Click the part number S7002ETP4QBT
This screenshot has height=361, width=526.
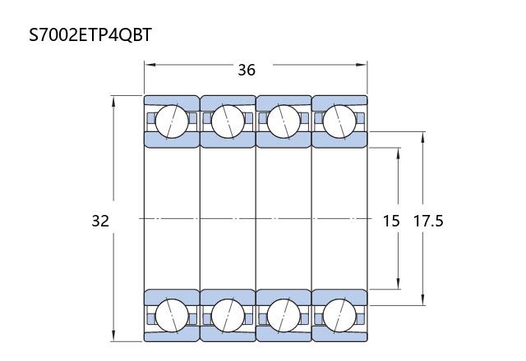(x=90, y=34)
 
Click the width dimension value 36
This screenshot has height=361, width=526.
(x=247, y=70)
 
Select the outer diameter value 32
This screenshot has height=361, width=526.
(x=100, y=221)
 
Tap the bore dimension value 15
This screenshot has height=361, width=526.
(x=391, y=221)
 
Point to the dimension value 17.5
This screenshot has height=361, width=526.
(x=428, y=221)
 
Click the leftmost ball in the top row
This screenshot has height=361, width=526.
(x=172, y=121)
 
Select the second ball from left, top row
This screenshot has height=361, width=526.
(x=228, y=121)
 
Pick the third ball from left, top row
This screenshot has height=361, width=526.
(x=284, y=121)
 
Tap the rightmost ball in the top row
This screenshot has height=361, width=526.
(x=339, y=121)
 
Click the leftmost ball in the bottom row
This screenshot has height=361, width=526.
(x=172, y=315)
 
